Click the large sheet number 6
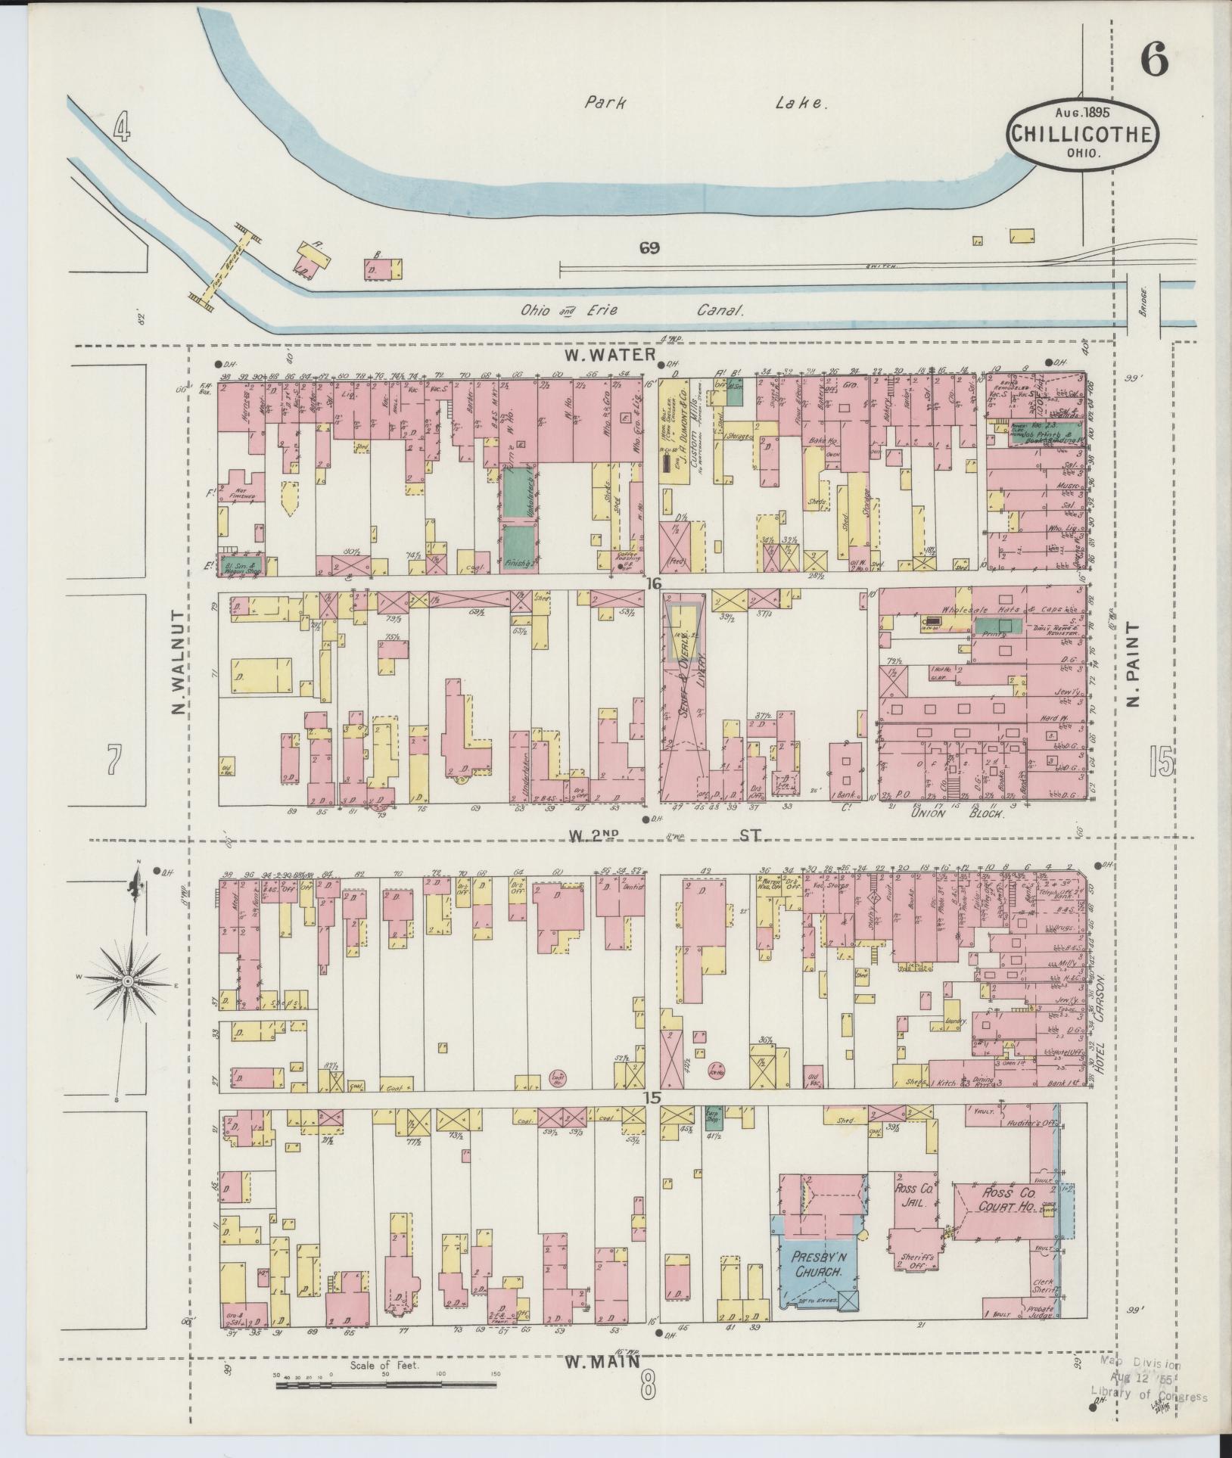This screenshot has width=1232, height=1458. tap(1153, 58)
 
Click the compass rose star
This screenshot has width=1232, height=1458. tap(129, 981)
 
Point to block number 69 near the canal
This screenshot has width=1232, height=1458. tap(649, 247)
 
